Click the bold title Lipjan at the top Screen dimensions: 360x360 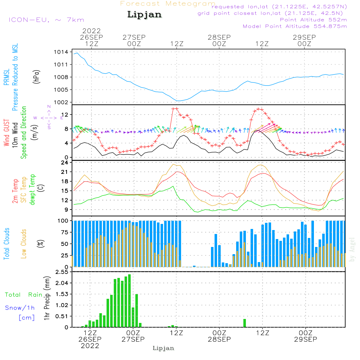click(144, 15)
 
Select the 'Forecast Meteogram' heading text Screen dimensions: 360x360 click(168, 4)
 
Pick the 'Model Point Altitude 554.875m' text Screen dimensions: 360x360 click(295, 26)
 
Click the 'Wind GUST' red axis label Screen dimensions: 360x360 click(6, 133)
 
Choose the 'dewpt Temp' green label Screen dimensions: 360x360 click(33, 190)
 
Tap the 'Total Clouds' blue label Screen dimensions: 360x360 click(6, 244)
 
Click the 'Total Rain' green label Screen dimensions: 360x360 click(23, 295)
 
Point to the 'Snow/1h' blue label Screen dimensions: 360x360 click(20, 308)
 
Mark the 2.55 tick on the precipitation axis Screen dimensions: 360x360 click(62, 272)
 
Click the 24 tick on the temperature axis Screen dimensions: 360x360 click(65, 162)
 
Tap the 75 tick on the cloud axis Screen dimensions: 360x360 click(65, 232)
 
